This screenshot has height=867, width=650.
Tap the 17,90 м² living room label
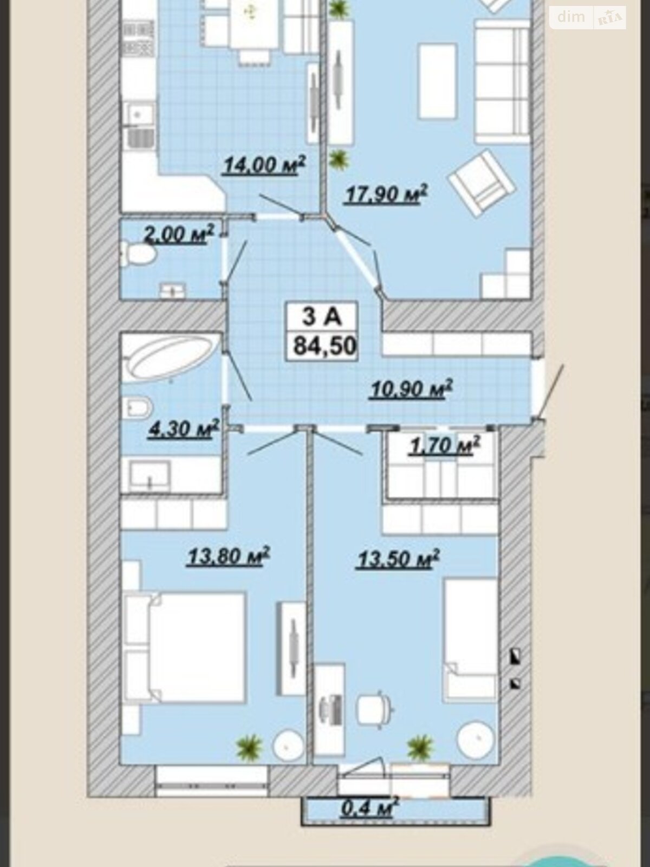point(386,194)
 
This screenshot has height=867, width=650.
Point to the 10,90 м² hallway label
point(411,389)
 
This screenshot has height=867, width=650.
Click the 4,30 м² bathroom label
point(184,429)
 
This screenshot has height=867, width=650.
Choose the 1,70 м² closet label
point(445,445)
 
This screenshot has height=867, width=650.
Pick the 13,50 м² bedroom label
point(398,559)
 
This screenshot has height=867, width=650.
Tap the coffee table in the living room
point(437,81)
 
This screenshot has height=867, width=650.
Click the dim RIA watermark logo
point(587,18)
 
